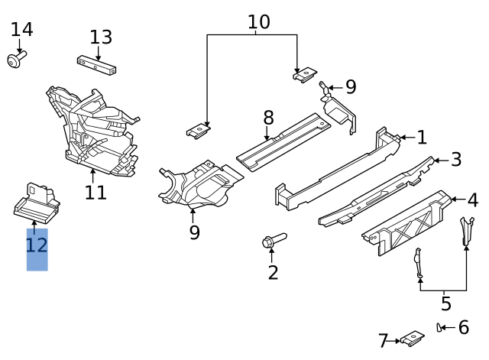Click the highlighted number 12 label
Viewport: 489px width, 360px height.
point(37,246)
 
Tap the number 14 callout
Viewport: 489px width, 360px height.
point(22,30)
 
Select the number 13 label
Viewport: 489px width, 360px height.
point(101,37)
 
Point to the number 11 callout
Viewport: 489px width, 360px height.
point(96,192)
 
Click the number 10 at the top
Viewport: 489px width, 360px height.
point(259,22)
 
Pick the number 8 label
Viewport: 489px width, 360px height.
point(268,118)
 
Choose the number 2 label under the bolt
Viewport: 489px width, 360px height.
point(273,271)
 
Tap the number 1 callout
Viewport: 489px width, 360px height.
point(421,138)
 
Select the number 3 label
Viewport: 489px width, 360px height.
point(456,160)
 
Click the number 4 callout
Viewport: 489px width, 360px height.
point(473,200)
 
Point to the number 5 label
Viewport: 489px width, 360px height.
point(445,303)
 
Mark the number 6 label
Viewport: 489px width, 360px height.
point(463,328)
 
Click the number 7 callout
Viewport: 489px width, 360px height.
point(384,340)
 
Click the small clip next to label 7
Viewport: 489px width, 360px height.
point(413,336)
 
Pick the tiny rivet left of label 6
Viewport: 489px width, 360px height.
point(441,328)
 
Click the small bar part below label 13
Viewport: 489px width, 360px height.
point(96,64)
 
